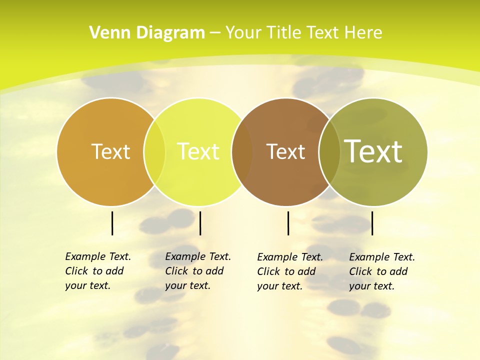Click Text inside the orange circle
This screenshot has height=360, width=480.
coord(110,151)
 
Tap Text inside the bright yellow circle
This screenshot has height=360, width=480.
coord(198,151)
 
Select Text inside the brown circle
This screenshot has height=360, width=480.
coord(285,151)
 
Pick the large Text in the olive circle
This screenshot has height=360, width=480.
coord(373,151)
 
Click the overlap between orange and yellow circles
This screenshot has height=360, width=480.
coord(154,152)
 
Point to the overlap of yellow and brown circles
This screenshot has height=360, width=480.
coord(242,152)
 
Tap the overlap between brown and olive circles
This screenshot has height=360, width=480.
coord(329,152)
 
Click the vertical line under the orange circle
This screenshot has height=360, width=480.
coord(112,223)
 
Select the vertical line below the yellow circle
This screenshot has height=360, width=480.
coord(200,223)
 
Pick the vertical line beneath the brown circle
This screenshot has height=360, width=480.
coord(288,223)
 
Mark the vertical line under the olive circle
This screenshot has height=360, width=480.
coord(372,223)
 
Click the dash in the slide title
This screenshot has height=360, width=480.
coord(215,33)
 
